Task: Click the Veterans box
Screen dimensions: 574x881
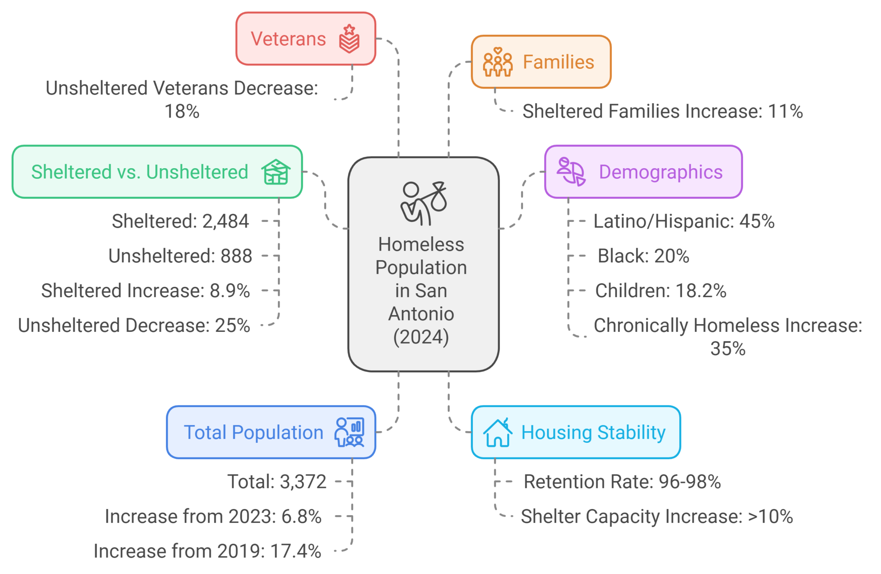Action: pos(305,39)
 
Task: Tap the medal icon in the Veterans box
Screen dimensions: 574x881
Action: pos(349,39)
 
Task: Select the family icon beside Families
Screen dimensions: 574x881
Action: pos(498,62)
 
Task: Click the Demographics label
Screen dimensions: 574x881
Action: pos(660,172)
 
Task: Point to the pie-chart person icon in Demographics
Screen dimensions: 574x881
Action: pos(571,172)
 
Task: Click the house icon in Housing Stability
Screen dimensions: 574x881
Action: pos(498,433)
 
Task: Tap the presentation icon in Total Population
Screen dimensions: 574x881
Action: pos(349,432)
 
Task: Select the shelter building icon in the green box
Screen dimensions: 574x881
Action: pos(276,172)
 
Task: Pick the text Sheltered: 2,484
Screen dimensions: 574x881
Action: pos(180,221)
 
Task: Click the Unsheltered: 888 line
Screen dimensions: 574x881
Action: pos(180,256)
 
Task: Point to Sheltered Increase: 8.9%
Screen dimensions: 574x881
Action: pos(145,291)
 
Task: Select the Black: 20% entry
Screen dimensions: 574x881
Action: pos(643,256)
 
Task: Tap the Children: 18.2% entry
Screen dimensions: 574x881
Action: pos(660,291)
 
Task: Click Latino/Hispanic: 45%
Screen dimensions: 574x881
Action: pos(684,221)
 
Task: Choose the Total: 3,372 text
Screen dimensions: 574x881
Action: pos(277,482)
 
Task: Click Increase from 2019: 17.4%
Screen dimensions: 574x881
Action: pos(207,551)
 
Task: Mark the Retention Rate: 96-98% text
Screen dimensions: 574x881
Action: pos(622,482)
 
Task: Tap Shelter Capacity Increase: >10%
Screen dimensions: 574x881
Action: pos(656,516)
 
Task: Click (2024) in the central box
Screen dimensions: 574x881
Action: pos(421,337)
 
